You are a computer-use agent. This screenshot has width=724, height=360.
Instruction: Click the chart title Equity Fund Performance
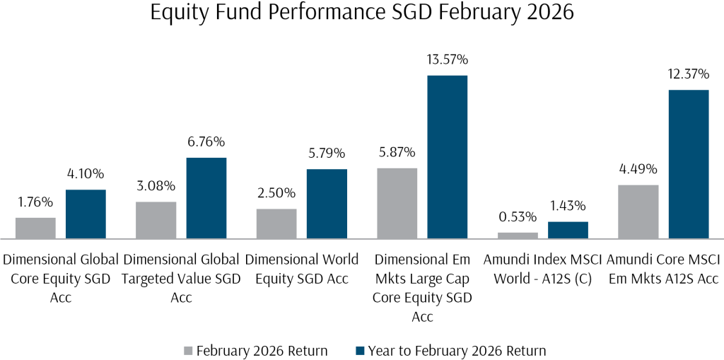(x=362, y=14)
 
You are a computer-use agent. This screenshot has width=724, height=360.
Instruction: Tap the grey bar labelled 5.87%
(x=397, y=204)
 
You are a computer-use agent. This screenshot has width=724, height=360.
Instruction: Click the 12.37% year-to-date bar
(x=688, y=164)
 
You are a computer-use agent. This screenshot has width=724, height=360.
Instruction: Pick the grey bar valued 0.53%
(x=518, y=236)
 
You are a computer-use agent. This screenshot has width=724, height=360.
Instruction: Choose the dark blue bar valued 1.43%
(x=568, y=231)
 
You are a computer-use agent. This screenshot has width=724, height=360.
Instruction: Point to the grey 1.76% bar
(x=35, y=228)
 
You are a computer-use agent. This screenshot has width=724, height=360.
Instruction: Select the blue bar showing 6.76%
(x=206, y=198)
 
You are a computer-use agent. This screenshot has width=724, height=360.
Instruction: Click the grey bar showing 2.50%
(x=276, y=223)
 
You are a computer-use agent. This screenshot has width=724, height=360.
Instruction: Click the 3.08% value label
(x=156, y=186)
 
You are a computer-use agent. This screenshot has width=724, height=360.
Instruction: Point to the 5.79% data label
(x=327, y=153)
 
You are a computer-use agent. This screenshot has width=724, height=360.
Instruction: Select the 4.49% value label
(x=638, y=170)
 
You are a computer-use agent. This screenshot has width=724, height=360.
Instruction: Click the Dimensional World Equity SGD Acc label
(x=301, y=269)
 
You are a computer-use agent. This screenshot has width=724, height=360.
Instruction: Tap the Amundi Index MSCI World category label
(x=542, y=269)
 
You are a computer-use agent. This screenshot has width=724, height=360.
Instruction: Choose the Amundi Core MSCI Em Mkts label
(x=662, y=269)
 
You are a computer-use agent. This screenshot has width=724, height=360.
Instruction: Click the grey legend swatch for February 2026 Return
(x=187, y=350)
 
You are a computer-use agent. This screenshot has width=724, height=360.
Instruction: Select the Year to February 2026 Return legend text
(x=456, y=350)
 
